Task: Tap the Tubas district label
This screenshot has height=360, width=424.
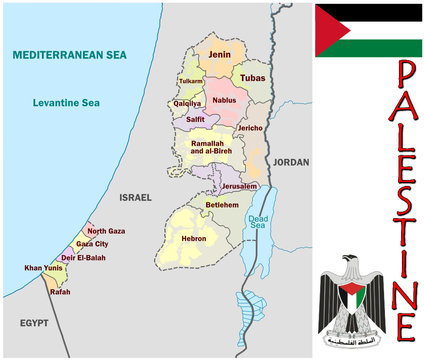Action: (x=252, y=76)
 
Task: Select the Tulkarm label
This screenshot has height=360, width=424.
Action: (x=190, y=81)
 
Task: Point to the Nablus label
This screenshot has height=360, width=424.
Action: (x=223, y=100)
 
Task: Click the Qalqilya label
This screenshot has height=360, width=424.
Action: (x=187, y=102)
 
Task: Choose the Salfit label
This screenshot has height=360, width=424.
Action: (x=195, y=119)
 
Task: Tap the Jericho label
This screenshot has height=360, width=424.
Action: (x=251, y=128)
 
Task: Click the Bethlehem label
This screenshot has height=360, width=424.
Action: (x=222, y=204)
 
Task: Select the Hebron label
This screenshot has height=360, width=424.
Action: (x=194, y=239)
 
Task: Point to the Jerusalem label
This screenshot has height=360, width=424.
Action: (x=240, y=186)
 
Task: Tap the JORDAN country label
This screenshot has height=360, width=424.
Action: (x=291, y=161)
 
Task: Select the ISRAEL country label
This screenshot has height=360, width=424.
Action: (x=134, y=198)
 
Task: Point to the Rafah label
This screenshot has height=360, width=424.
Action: (x=60, y=292)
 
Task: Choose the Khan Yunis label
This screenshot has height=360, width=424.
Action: (x=44, y=268)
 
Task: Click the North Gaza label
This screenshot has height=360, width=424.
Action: (x=106, y=231)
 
